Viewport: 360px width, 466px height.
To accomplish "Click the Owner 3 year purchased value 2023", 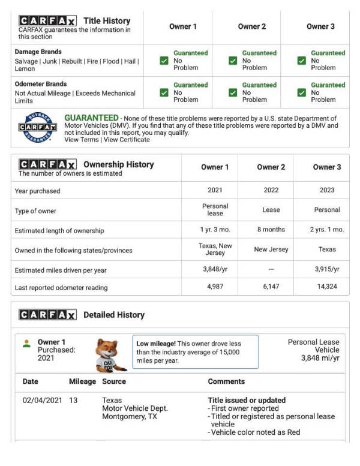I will point(326,190).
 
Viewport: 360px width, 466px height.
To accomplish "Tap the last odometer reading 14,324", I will point(326,287).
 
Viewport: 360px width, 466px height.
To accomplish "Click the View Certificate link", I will point(127,140).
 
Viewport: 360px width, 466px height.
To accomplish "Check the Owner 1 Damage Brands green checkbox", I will point(164,61).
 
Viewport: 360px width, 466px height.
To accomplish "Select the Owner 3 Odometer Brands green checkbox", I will point(302,92).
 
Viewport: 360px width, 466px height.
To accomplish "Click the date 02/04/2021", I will point(41,400).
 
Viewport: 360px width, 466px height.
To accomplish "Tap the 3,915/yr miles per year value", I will point(326,269).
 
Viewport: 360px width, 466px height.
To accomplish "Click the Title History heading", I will point(107,20).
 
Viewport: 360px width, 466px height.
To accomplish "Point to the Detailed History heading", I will point(113,314).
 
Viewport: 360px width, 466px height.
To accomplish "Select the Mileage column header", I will point(82,381).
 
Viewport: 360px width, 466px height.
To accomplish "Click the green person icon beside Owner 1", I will point(26,344).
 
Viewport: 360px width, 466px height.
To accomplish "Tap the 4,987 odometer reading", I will point(215,287).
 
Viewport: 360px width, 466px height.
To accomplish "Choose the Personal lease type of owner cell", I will point(215,209).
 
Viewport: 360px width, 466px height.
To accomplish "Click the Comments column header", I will point(226,381).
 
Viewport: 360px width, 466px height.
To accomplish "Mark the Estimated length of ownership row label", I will point(59,230).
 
